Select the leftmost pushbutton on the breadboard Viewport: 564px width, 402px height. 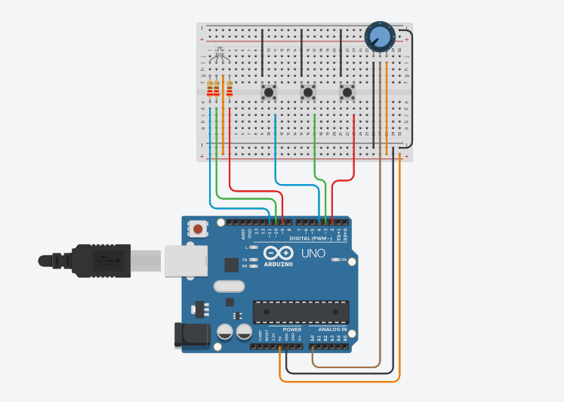269,92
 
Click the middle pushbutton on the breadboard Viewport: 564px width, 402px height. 308,92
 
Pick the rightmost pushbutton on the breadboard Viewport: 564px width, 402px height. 347,92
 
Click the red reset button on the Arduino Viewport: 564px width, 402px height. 198,228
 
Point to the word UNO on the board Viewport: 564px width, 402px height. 313,253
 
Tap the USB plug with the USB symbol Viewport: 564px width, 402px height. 101,260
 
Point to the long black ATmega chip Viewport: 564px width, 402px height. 301,310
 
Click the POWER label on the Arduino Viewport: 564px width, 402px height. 291,330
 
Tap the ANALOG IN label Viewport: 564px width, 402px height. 332,330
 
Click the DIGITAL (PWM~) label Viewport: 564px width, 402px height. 315,238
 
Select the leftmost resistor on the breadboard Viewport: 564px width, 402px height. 211,92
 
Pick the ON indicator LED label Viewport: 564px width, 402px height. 344,260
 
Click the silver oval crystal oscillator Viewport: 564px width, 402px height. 230,286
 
